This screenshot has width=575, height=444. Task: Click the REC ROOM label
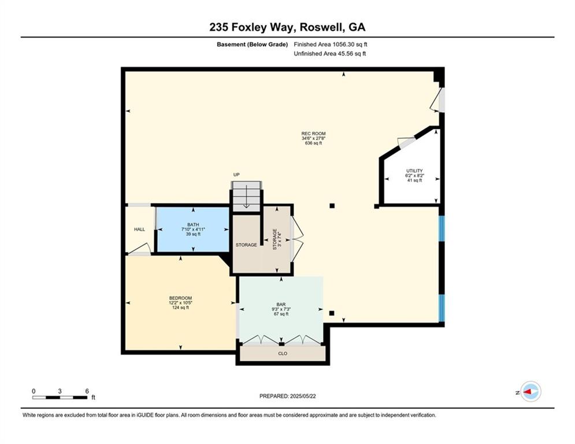(313, 134)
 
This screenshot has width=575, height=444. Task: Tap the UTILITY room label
(414, 171)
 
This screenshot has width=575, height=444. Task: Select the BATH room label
(193, 224)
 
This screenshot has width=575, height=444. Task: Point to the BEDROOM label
(180, 298)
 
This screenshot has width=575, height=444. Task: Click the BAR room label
(281, 305)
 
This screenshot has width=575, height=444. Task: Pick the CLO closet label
(283, 353)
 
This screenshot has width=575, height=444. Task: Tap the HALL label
(139, 230)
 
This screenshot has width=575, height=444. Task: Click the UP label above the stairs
(236, 175)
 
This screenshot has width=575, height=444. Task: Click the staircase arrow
(246, 197)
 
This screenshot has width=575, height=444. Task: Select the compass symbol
(531, 392)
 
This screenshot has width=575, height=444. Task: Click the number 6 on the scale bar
(87, 391)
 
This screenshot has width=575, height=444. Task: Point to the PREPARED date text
(288, 396)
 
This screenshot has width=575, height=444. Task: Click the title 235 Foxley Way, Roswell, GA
(287, 27)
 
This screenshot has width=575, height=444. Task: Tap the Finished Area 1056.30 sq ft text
(331, 45)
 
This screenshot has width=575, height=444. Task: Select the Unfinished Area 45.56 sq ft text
(330, 54)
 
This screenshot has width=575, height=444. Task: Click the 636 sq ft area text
(313, 143)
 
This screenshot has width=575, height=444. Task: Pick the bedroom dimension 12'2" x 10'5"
(180, 303)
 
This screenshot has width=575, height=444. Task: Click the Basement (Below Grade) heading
(253, 45)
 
